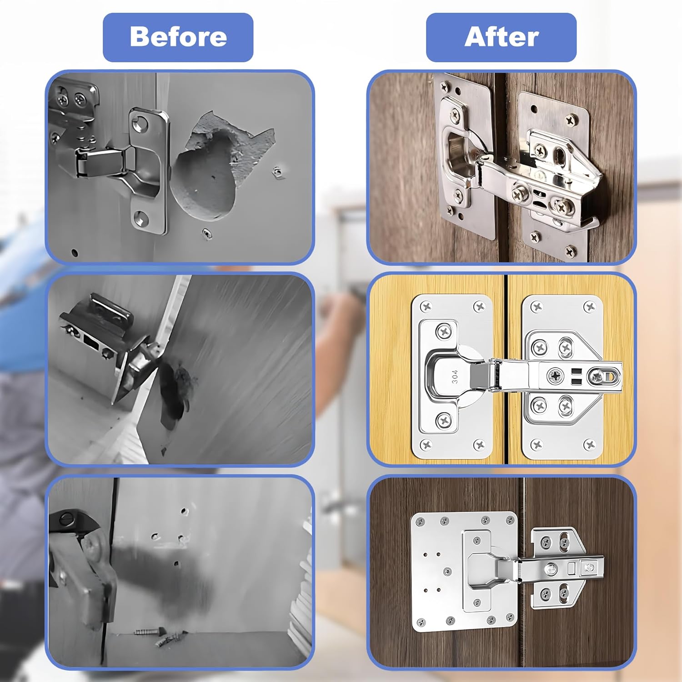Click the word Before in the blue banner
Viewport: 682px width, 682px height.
(178, 37)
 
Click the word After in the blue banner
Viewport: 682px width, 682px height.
(501, 37)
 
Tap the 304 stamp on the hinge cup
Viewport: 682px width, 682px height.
(454, 376)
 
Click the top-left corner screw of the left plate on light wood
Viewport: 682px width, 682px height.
(426, 307)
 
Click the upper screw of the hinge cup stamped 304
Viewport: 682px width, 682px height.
(443, 331)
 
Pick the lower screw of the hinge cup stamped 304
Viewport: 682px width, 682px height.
(443, 421)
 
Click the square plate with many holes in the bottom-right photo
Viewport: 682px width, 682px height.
(464, 572)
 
